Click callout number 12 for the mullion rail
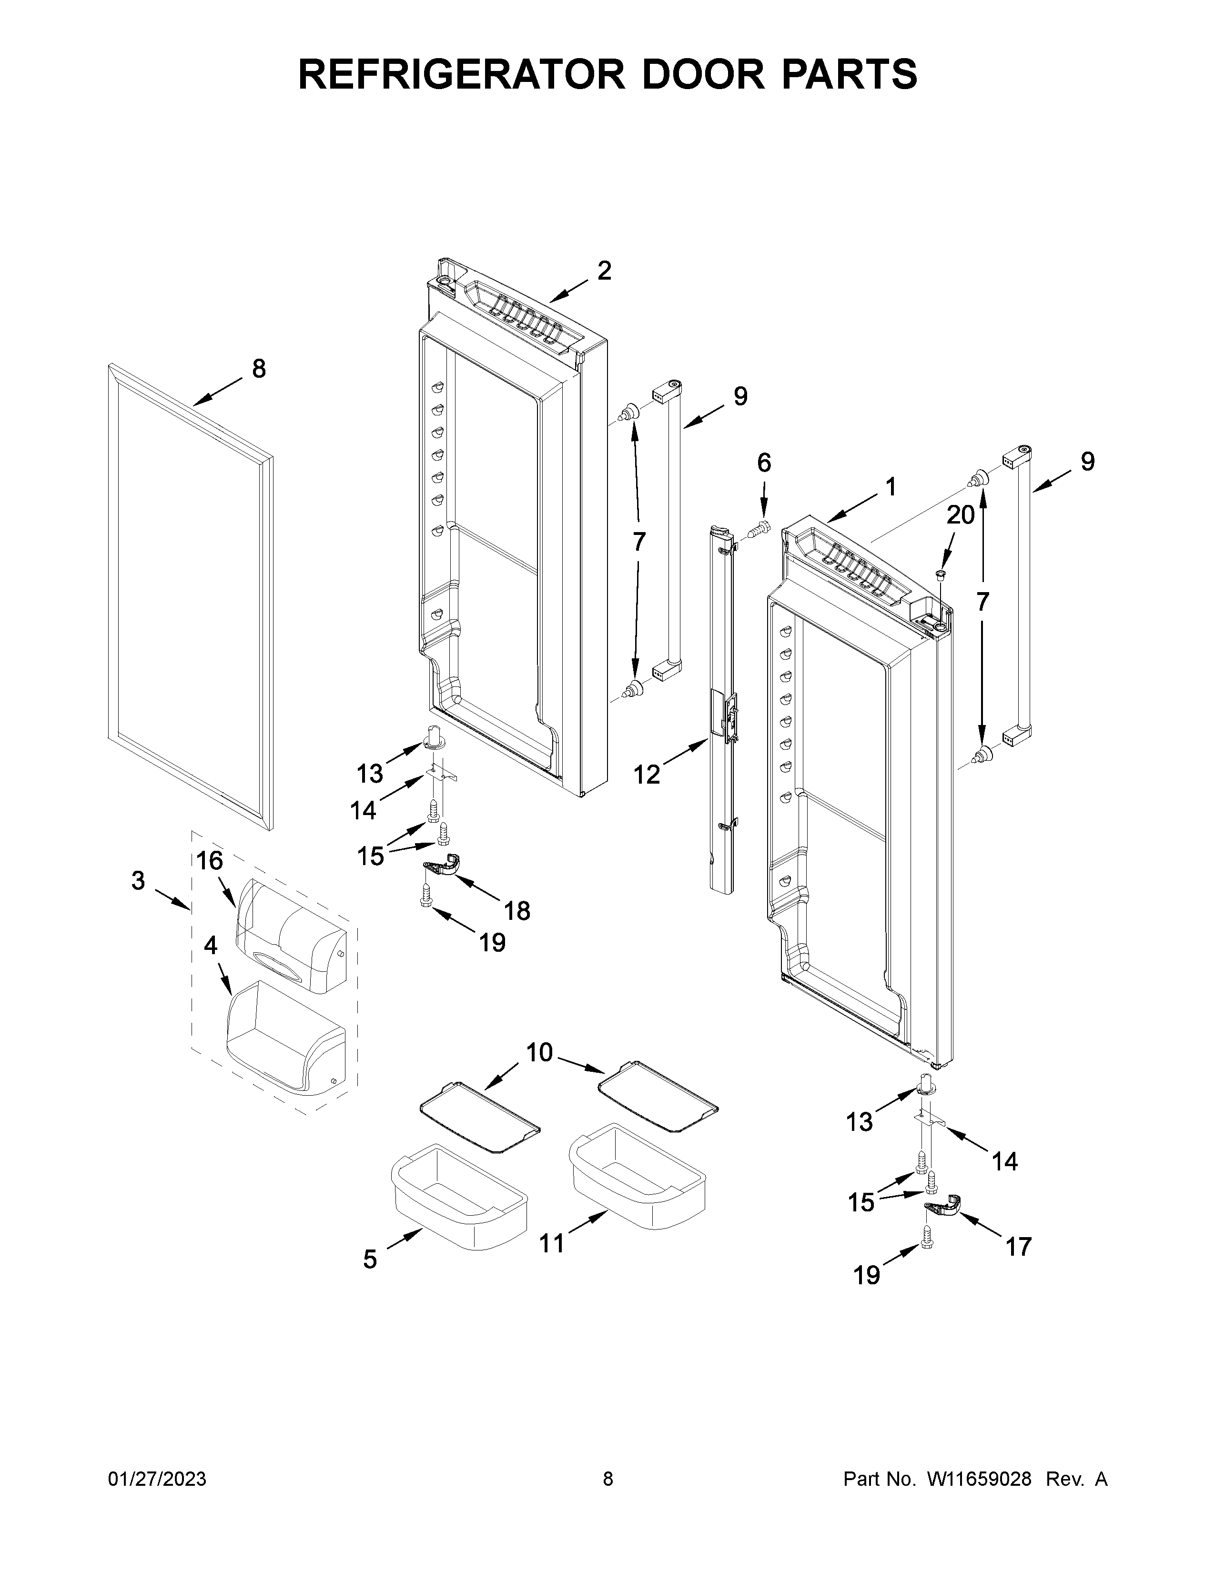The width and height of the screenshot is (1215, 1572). pyautogui.click(x=647, y=775)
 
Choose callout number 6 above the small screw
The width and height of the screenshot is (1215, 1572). pyautogui.click(x=764, y=463)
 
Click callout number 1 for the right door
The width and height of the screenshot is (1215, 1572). pyautogui.click(x=891, y=487)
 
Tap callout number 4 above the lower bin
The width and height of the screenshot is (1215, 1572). pyautogui.click(x=210, y=945)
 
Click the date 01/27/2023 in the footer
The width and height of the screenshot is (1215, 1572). pyautogui.click(x=157, y=1479)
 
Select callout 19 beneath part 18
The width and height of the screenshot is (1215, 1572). pyautogui.click(x=492, y=942)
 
